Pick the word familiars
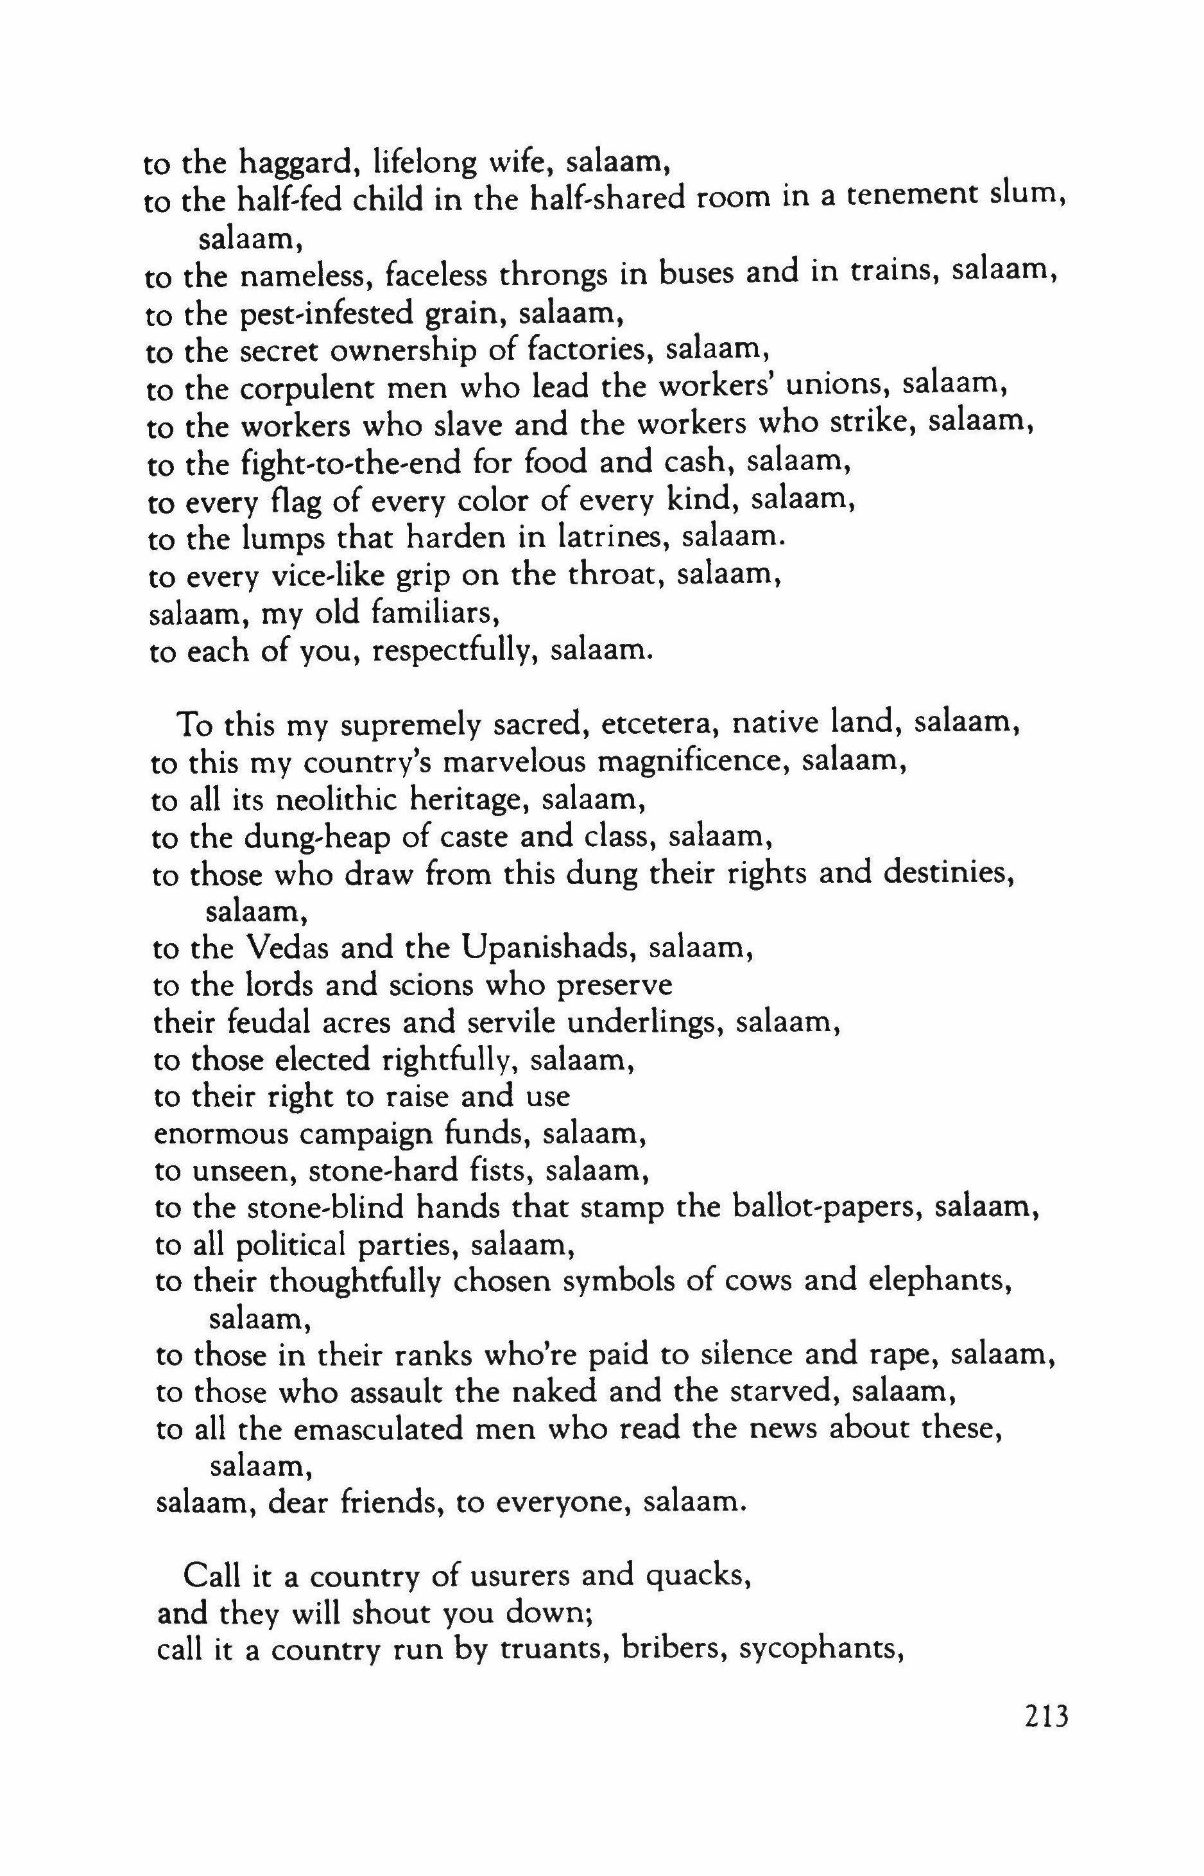[436, 613]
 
